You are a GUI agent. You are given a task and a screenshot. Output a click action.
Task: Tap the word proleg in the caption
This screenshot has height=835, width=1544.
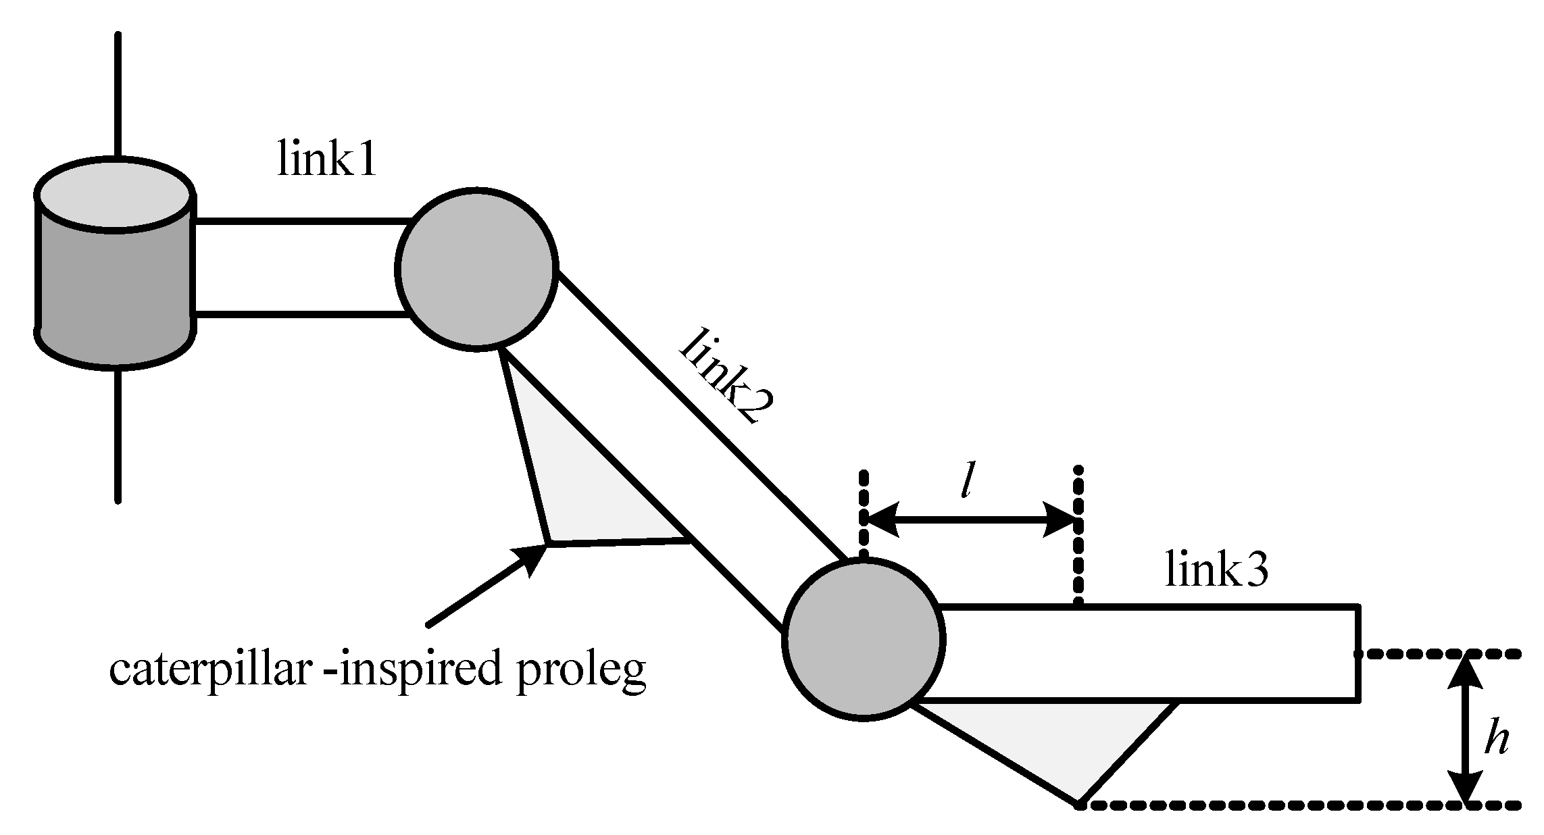(x=581, y=673)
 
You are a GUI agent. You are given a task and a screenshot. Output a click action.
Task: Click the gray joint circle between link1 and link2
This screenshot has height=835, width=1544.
(x=476, y=269)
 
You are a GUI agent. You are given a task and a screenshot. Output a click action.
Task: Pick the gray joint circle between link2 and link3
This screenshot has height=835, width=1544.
(x=863, y=639)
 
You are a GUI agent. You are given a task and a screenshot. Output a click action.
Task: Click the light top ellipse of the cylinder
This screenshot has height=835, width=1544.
(x=115, y=195)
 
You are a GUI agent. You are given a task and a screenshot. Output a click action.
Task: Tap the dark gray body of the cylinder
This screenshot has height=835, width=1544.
(x=115, y=290)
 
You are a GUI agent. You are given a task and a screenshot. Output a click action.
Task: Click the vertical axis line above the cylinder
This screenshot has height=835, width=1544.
(x=118, y=95)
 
